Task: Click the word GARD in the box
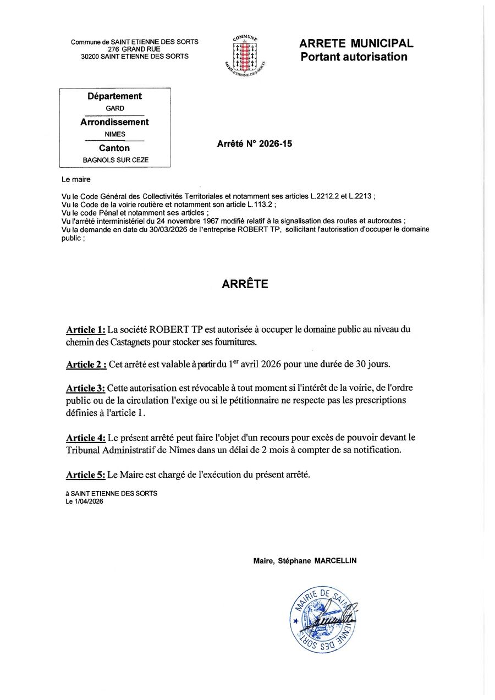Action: coord(115,108)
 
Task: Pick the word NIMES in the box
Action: coord(115,134)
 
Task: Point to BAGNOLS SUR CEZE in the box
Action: coord(115,161)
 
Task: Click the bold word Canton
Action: coord(114,148)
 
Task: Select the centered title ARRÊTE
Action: coord(245,284)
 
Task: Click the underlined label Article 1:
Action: coord(85,330)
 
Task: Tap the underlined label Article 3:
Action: coord(85,388)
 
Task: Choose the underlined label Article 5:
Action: coord(85,474)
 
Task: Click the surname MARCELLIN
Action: coord(335,561)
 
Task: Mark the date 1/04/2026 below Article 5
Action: coord(88,501)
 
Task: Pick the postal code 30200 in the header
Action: coord(90,56)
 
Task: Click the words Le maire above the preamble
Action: coord(76,179)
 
